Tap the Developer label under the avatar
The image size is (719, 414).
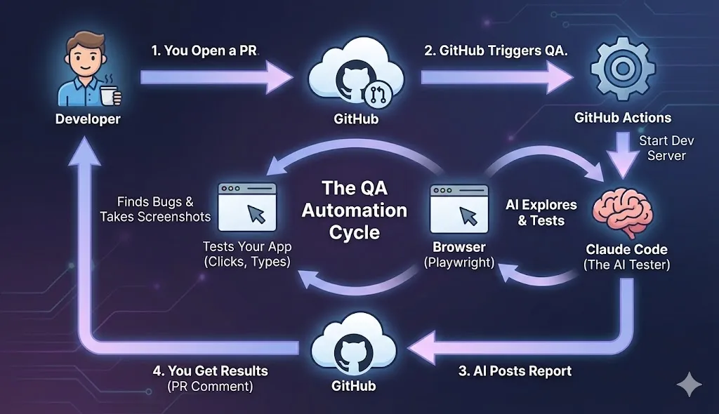pos(88,119)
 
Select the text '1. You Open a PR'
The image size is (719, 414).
pos(204,51)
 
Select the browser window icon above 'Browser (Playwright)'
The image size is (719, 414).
pos(459,208)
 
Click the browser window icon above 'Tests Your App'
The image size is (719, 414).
pos(247,207)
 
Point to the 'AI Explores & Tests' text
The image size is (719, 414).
pos(541,213)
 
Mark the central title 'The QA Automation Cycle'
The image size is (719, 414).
pos(354,210)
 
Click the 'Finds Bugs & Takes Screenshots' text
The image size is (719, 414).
pos(156,209)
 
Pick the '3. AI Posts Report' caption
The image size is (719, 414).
pos(515,371)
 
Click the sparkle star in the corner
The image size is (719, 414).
pos(688,385)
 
